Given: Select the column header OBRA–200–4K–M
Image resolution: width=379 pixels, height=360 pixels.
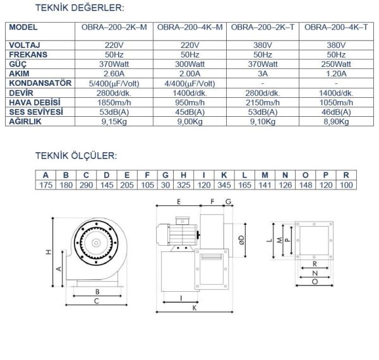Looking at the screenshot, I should [189, 28].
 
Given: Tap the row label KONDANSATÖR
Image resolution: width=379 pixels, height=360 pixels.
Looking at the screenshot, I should [40, 83].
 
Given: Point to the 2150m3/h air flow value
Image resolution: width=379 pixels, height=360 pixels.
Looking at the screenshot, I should [265, 102].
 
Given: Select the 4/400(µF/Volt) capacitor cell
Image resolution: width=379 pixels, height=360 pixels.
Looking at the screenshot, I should [189, 83].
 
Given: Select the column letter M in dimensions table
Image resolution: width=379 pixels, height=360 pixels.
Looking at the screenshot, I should [265, 174].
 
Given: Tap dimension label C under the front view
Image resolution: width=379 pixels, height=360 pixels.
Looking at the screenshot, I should [97, 301].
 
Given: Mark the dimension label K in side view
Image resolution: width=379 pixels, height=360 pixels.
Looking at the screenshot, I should [194, 309].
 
